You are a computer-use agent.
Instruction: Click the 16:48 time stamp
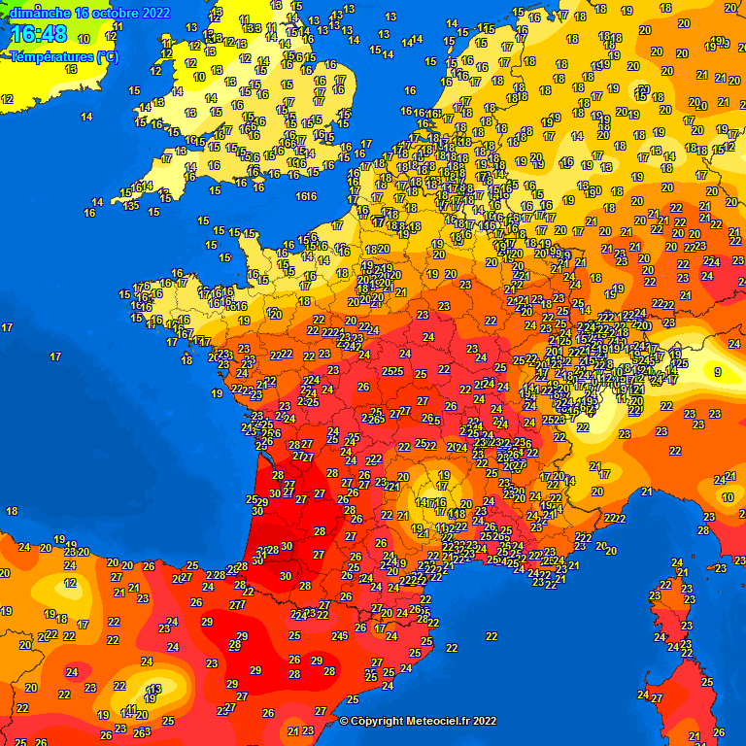click(39, 35)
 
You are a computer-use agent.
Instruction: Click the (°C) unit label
click(103, 56)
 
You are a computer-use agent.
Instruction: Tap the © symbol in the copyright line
click(344, 721)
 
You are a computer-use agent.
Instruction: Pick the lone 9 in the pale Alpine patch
click(718, 372)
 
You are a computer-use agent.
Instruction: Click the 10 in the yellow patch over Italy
click(729, 497)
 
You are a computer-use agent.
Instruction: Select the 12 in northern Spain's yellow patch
click(70, 583)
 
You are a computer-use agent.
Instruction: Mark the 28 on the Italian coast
click(704, 529)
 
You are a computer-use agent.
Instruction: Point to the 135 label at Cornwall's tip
click(130, 205)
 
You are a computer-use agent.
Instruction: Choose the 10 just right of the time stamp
click(84, 39)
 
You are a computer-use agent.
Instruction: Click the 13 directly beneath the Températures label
click(71, 70)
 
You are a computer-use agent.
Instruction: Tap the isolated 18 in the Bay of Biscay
click(13, 511)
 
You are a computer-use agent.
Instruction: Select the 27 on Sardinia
click(656, 697)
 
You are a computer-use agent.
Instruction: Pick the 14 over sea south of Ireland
click(86, 117)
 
